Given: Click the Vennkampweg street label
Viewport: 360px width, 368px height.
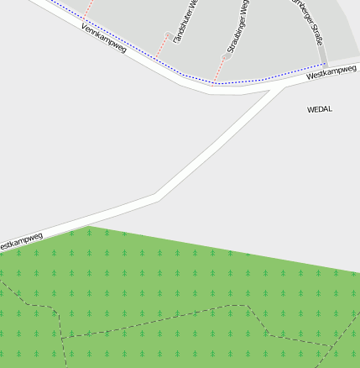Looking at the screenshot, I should point(105,39).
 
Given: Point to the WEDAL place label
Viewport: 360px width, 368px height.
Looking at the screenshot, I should point(320,109).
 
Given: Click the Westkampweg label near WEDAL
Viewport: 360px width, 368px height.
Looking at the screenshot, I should point(332,74).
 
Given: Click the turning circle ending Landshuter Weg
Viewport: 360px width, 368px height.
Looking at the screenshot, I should point(169,35).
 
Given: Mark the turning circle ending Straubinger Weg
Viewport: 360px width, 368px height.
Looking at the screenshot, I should point(225,57).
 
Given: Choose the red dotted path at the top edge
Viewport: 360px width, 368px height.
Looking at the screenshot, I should point(86,8).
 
